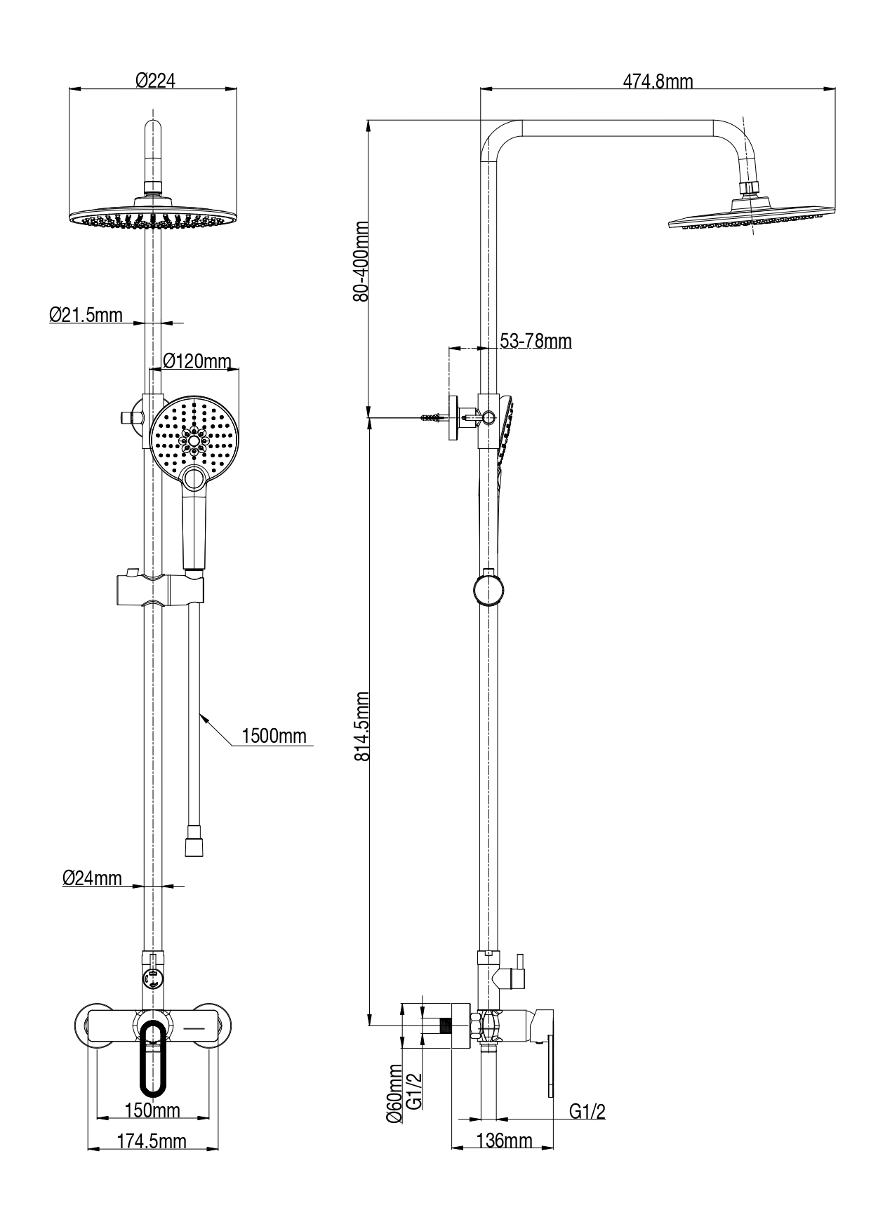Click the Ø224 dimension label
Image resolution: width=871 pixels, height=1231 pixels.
coord(155,81)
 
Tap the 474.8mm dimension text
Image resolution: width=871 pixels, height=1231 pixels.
coord(658,81)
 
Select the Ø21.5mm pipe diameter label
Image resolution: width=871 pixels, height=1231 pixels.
coord(86,315)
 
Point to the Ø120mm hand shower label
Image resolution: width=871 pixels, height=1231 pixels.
coord(197,361)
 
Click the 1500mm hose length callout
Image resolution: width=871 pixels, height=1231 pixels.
coord(274,736)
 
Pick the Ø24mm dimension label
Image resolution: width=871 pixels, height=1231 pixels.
coord(92,877)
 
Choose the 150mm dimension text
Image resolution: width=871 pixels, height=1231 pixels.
coord(152,1110)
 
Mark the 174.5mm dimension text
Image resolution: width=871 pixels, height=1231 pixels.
coord(152,1141)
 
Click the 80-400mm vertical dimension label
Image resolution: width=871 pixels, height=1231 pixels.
coord(361,261)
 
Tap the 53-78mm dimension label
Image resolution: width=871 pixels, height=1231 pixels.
coord(536,341)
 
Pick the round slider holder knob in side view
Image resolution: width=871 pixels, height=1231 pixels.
coord(488,589)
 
